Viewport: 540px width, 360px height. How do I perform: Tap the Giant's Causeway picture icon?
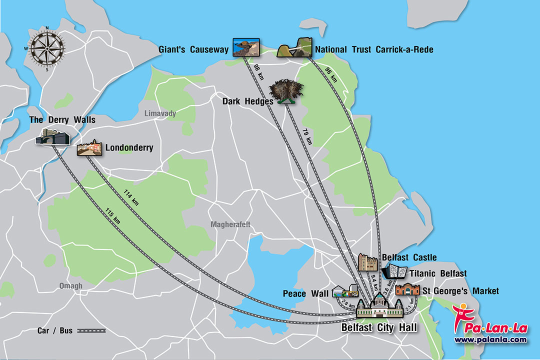pos(246,48)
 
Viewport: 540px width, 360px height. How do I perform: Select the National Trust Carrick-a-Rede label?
pos(374,49)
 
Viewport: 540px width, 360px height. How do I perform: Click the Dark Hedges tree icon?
pos(286,91)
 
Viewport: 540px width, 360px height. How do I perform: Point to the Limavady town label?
pos(160,114)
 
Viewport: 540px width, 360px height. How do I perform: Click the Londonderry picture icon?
pos(89,148)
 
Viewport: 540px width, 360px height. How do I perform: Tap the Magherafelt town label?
pos(230,224)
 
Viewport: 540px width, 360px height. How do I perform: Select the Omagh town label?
pos(70,286)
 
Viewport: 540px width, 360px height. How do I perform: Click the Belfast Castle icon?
pos(368,262)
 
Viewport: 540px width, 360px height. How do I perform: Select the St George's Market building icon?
pos(407,289)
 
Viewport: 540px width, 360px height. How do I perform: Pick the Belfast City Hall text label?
pos(379,328)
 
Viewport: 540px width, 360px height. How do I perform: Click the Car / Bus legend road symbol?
pos(91,330)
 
